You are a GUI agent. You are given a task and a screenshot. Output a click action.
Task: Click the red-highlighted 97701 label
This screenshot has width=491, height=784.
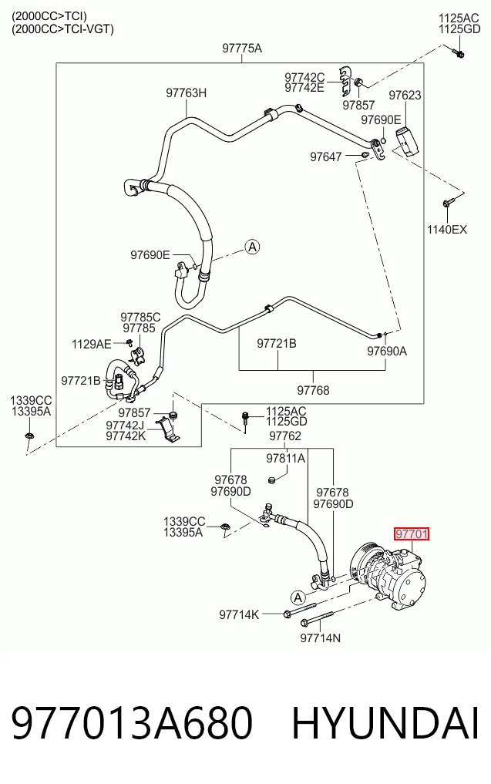point(412,534)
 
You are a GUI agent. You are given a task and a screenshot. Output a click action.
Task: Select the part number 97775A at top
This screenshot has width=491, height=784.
point(242,49)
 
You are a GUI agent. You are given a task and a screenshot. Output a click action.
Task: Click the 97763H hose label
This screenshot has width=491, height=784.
point(186,93)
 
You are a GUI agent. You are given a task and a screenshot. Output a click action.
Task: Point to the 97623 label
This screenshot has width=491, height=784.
point(405,95)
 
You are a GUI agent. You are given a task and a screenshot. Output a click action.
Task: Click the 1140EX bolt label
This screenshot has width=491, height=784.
point(446,230)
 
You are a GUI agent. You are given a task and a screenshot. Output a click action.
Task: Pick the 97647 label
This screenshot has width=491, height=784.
point(325,156)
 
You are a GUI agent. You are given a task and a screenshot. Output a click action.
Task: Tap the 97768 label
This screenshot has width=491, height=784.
point(313,390)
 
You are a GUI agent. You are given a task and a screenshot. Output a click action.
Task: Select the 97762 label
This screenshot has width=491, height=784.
point(285,436)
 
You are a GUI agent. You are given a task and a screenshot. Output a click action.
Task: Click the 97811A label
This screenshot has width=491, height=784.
point(285,458)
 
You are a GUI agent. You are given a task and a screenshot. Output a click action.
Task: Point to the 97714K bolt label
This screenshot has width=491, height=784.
point(239,614)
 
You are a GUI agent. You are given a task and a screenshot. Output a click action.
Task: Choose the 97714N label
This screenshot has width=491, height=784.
point(321,638)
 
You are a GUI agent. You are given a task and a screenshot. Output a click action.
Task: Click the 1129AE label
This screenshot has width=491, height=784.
point(92,344)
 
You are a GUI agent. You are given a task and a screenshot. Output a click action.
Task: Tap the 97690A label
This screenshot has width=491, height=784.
point(387,351)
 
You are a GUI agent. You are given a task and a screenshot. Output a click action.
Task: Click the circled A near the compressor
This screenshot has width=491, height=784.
point(298,597)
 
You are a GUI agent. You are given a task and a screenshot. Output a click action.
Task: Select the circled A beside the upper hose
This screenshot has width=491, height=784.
point(253,247)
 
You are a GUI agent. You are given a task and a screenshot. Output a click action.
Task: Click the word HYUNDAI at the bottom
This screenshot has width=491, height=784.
point(385,723)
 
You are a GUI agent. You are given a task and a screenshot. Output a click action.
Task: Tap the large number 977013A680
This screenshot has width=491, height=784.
point(132,723)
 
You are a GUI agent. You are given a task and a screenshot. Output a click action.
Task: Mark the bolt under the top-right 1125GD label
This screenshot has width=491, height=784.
point(459,52)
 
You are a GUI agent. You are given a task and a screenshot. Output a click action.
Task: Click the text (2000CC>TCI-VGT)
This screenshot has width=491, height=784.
point(63,29)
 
